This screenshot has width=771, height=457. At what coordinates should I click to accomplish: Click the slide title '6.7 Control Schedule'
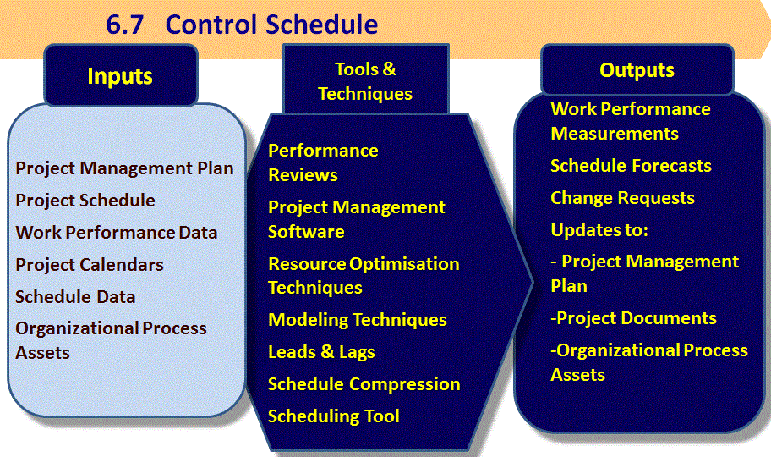(242, 24)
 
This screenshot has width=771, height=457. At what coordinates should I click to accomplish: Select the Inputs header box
(120, 76)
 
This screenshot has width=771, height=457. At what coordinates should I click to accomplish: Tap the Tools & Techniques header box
(365, 81)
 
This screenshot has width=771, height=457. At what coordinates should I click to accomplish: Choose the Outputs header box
(637, 70)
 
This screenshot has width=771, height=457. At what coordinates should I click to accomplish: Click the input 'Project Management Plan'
(124, 168)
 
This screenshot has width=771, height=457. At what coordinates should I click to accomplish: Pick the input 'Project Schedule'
(85, 201)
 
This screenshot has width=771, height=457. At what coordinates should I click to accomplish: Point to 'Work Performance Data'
(117, 233)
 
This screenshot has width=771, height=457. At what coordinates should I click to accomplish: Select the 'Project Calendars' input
(90, 265)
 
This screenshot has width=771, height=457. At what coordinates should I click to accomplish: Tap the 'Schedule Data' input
(75, 297)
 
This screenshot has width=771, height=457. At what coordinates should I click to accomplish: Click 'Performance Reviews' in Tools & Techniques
(323, 162)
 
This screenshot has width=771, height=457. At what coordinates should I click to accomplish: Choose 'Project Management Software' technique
(357, 219)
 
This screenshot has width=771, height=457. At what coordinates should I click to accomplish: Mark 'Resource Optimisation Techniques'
(364, 276)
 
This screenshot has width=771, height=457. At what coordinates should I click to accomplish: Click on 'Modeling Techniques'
(358, 320)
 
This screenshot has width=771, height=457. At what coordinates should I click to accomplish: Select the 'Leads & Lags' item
(321, 352)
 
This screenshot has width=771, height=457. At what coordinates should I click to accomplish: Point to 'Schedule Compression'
(364, 384)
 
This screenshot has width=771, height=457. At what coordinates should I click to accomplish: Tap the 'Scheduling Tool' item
(334, 416)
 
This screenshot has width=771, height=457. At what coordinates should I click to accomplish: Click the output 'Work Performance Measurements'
(630, 121)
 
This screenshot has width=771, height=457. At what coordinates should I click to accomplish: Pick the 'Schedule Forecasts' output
(631, 166)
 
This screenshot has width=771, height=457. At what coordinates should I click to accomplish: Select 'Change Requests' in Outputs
(622, 198)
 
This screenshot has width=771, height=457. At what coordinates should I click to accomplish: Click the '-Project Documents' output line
(633, 318)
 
